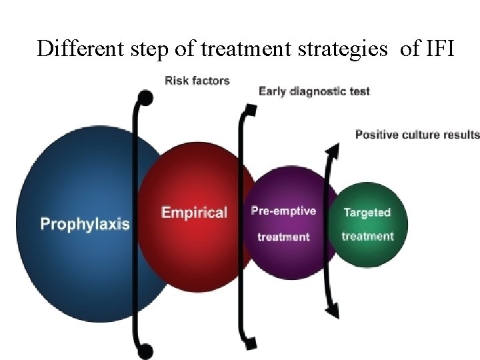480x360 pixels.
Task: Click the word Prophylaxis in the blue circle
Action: tap(85, 223)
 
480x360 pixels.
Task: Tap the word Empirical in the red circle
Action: tap(194, 213)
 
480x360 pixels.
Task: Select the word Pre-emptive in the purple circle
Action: tap(283, 211)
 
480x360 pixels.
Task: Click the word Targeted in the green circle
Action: tap(367, 212)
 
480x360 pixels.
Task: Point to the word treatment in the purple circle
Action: tap(283, 237)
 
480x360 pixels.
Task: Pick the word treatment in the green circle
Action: tap(367, 236)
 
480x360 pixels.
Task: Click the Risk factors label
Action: tap(197, 81)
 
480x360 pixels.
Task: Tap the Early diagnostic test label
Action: tap(313, 91)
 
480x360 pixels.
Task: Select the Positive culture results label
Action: tap(417, 134)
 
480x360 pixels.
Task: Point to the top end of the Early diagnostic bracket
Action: tap(249, 109)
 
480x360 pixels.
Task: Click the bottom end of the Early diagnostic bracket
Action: tap(249, 343)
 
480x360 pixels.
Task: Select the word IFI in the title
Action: tap(437, 48)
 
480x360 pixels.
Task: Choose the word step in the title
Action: tap(145, 49)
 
